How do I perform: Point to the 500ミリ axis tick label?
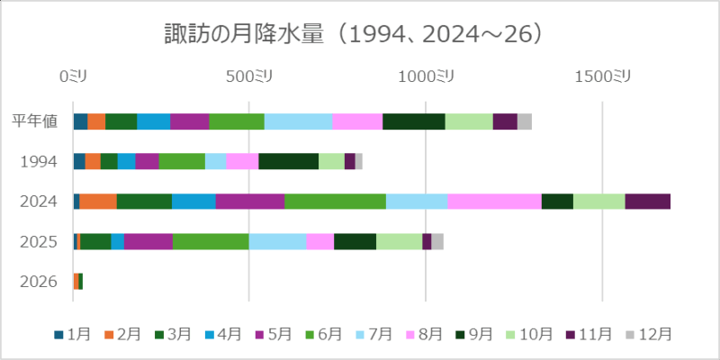click(x=249, y=77)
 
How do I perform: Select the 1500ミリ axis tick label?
click(x=602, y=77)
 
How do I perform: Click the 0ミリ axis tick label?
click(x=73, y=77)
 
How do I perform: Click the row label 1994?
click(x=40, y=161)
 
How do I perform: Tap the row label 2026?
click(x=40, y=282)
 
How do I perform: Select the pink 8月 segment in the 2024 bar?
click(x=494, y=202)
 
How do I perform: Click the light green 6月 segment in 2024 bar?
click(x=335, y=202)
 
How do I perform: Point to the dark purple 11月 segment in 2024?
click(x=647, y=202)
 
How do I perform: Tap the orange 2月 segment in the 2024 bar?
click(x=98, y=202)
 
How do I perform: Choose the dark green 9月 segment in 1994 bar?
click(x=288, y=161)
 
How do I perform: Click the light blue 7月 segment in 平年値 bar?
click(x=298, y=121)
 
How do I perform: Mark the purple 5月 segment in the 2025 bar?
click(x=148, y=241)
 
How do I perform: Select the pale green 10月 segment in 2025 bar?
click(x=399, y=241)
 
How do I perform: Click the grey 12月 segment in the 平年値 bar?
click(x=524, y=121)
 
